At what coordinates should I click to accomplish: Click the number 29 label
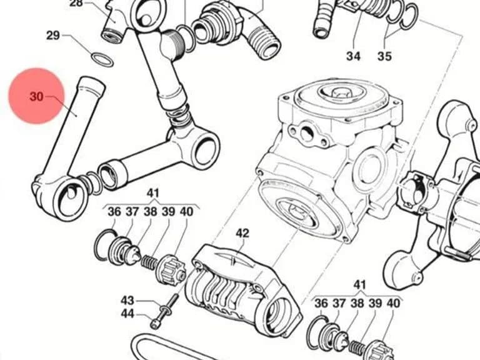click(x=52, y=35)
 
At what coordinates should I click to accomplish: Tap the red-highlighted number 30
click(x=36, y=96)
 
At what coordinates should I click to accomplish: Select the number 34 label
click(x=353, y=56)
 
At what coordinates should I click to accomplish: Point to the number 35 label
click(x=384, y=56)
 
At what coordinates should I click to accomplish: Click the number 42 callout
click(x=242, y=233)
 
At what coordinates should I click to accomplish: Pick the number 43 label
click(x=127, y=300)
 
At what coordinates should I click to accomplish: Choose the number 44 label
click(x=127, y=314)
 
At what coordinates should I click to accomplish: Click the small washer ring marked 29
click(x=102, y=59)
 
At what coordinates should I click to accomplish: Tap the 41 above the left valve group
click(x=153, y=193)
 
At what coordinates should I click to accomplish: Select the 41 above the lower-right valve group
click(x=360, y=285)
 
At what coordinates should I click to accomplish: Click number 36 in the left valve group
click(x=114, y=211)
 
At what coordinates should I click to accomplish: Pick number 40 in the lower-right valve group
click(x=393, y=303)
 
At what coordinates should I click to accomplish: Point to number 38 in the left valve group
click(x=150, y=211)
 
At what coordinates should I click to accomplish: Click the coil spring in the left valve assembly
click(x=149, y=261)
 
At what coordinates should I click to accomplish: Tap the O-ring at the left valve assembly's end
click(x=104, y=245)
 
